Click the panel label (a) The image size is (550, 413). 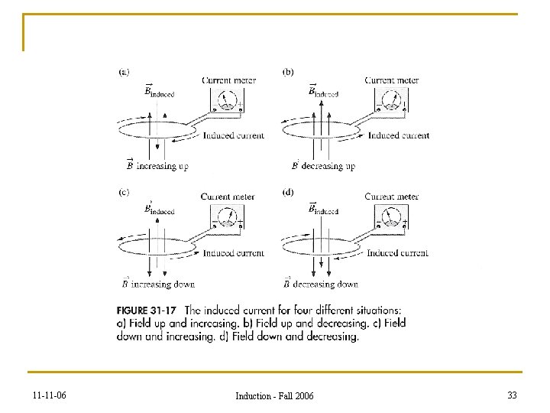pyautogui.click(x=124, y=73)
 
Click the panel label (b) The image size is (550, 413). pyautogui.click(x=288, y=73)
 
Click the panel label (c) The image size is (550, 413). pyautogui.click(x=123, y=192)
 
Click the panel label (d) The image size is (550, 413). pyautogui.click(x=288, y=192)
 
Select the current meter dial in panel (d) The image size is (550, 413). pyautogui.click(x=391, y=217)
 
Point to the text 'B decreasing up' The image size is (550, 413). pyautogui.click(x=323, y=165)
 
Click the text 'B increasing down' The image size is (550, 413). pyautogui.click(x=158, y=284)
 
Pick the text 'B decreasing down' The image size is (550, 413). pyautogui.click(x=320, y=284)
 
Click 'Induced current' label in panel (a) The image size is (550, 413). pyautogui.click(x=234, y=135)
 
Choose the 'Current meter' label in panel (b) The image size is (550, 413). pyautogui.click(x=391, y=80)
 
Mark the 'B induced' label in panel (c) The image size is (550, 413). pyautogui.click(x=159, y=210)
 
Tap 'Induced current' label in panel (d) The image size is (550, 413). pyautogui.click(x=397, y=253)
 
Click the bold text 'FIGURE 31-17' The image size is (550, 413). pyautogui.click(x=149, y=311)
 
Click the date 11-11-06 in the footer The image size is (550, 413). pyautogui.click(x=49, y=395)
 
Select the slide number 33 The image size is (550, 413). pyautogui.click(x=512, y=395)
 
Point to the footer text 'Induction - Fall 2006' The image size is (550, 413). pyautogui.click(x=274, y=396)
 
